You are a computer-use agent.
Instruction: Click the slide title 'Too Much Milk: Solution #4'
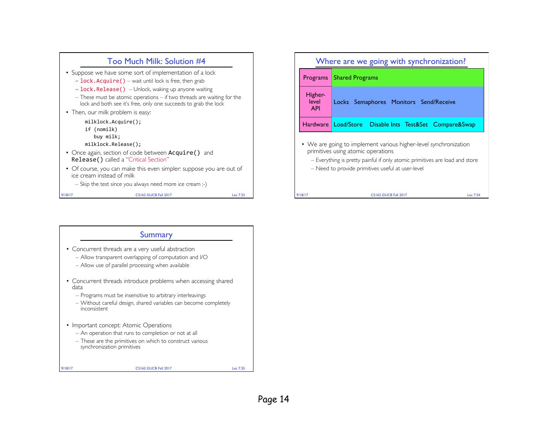coord(156,61)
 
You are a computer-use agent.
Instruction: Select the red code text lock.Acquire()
coord(102,81)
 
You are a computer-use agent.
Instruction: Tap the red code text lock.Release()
coord(102,89)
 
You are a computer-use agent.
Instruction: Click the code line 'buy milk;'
coord(107,137)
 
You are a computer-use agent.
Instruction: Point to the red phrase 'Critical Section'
coord(148,160)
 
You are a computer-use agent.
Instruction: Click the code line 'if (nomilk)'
coord(101,129)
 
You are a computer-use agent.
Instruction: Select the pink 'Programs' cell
coord(315,78)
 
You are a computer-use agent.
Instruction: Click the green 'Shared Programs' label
coord(356,78)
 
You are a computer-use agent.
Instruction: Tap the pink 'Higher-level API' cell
coord(315,102)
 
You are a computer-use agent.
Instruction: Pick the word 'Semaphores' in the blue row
coord(370,102)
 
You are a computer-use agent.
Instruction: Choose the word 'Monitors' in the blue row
coord(403,102)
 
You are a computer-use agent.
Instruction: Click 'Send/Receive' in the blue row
coord(438,102)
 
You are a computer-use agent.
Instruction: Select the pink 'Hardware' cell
coord(315,125)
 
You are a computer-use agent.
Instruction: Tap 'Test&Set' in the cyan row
coord(416,125)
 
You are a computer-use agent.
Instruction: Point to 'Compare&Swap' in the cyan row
coord(454,125)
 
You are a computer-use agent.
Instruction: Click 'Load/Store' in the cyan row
coord(348,125)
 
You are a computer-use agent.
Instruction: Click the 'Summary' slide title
coord(156,235)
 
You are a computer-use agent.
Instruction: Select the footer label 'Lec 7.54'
coord(474,195)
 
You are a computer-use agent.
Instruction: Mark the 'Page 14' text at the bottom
coord(274,399)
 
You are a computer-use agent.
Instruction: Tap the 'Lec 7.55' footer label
coord(239,368)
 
